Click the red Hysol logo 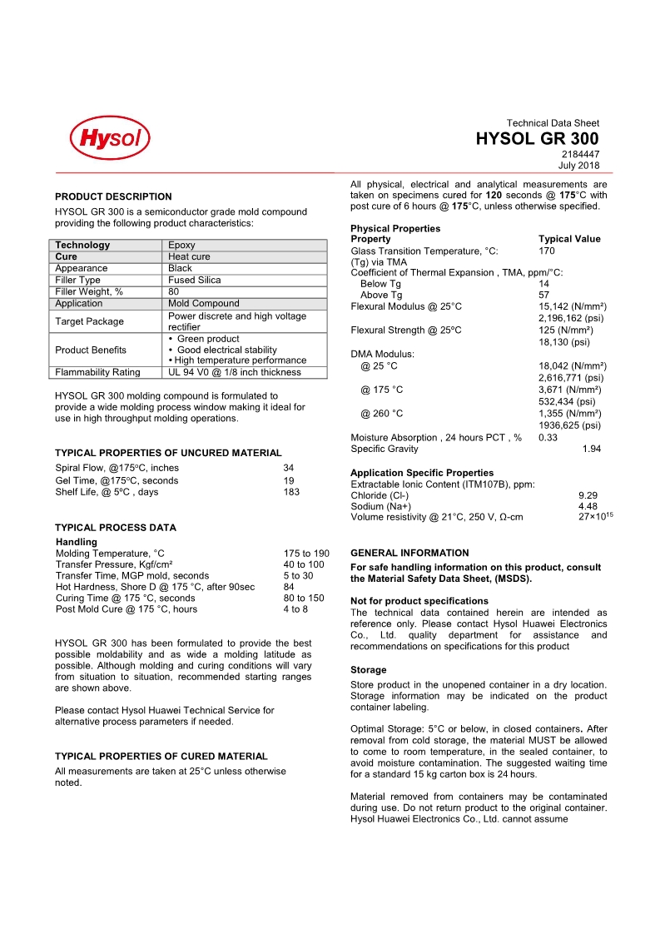110,137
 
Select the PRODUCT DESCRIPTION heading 113,196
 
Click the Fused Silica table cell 195,281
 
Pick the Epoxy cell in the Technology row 181,245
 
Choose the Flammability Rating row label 98,372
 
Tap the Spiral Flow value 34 289,468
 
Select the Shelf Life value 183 291,492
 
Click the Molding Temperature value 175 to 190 306,554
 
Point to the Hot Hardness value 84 289,587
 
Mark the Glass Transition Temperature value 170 547,251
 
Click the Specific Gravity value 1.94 592,449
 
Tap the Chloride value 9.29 588,495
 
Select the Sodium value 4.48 588,506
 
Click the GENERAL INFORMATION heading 409,553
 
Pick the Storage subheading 368,669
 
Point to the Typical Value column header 569,239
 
